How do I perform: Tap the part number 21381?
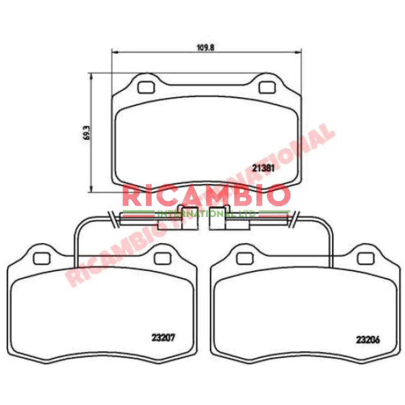264,168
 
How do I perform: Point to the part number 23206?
368,340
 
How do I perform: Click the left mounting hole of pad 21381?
144,87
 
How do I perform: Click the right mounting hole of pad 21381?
266,87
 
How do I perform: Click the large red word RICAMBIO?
206,196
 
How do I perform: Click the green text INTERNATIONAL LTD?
206,213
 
